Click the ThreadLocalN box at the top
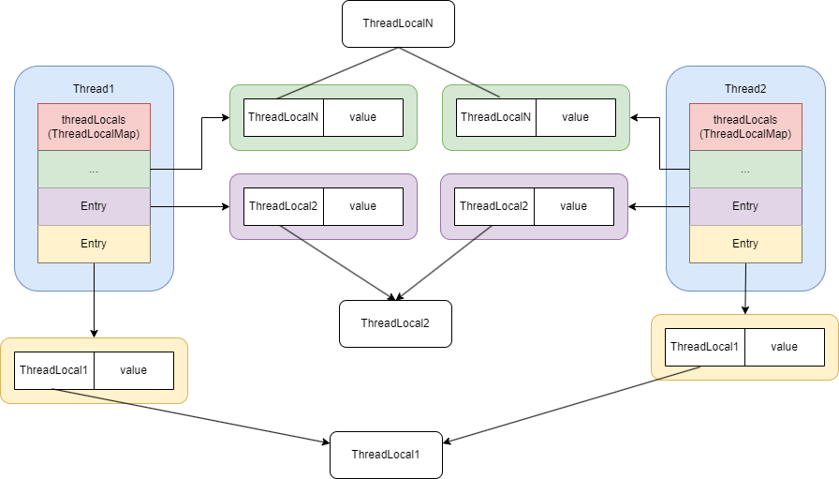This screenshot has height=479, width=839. [398, 23]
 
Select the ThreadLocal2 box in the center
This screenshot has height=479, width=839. [395, 323]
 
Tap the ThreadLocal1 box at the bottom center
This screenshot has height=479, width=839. [386, 455]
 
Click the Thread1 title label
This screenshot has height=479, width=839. [94, 89]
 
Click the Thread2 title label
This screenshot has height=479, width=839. [745, 89]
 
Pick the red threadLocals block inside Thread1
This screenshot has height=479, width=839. [94, 127]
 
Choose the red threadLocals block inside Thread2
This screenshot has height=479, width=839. [745, 127]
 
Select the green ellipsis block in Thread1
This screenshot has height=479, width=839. [94, 170]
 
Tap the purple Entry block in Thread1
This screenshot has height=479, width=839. [94, 206]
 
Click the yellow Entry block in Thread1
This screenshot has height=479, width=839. [94, 244]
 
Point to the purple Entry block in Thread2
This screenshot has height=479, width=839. [745, 206]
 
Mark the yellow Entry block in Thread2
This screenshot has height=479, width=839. [745, 244]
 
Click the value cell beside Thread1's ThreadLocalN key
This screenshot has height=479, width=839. [363, 117]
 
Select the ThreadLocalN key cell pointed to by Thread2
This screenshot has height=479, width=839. [495, 117]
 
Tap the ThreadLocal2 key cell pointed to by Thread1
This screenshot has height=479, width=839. [284, 206]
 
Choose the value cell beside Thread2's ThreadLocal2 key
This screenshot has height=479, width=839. [574, 206]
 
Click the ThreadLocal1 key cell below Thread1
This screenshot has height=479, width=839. [53, 370]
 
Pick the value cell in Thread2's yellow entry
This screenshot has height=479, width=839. [785, 347]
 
